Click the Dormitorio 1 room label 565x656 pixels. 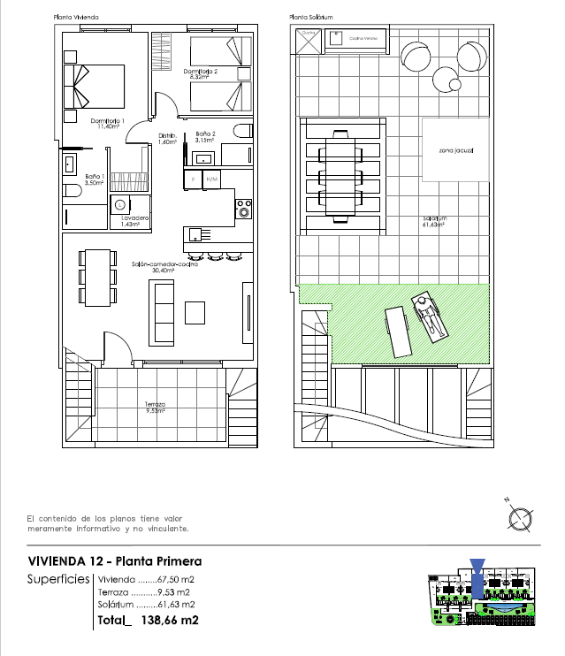[108, 123]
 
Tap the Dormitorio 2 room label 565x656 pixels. [201, 73]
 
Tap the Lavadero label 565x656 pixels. [134, 220]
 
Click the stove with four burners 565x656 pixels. [243, 210]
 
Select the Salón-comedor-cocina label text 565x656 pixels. [164, 265]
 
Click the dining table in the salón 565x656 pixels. [97, 277]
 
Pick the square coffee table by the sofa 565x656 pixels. [195, 312]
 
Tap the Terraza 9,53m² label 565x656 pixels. [156, 407]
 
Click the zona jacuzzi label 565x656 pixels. [455, 151]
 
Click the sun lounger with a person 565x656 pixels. [430, 318]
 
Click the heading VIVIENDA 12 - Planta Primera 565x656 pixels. [115, 561]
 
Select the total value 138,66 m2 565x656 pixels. [169, 621]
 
